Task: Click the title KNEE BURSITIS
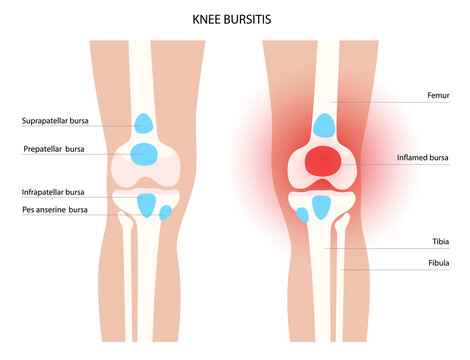234,18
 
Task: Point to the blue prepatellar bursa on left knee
144,154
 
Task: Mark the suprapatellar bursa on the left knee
145,123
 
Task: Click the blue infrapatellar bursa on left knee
147,205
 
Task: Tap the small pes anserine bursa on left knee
166,213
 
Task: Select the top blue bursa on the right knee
323,125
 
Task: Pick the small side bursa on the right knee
302,214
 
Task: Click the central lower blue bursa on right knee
321,207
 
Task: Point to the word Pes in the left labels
28,211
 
